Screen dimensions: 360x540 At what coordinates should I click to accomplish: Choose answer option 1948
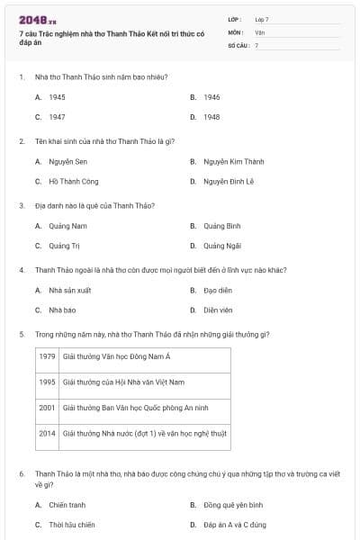(211, 117)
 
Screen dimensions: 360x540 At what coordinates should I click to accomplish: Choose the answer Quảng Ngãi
(220, 245)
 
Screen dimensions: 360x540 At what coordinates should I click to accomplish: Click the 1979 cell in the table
(48, 356)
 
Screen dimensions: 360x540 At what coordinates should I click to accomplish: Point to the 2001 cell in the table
(48, 407)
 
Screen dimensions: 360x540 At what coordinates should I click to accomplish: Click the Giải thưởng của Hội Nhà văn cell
(123, 382)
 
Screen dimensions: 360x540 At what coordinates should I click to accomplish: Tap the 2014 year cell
(48, 433)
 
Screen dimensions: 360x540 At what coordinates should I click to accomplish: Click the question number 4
(22, 269)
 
